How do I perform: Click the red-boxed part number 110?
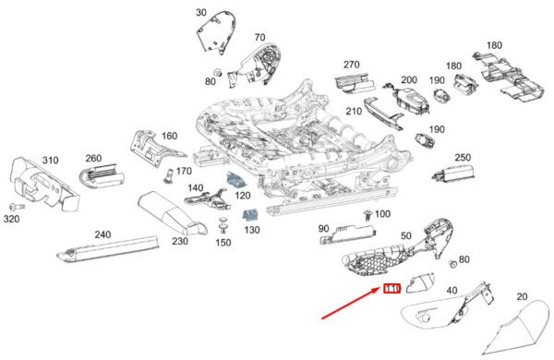coord(392,289)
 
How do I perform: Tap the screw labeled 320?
coord(17,207)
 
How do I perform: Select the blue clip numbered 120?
coord(236,180)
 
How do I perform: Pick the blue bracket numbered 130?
coord(250,215)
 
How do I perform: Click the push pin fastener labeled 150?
coord(223,225)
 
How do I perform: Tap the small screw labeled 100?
coord(367,215)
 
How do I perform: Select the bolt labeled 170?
coord(169,175)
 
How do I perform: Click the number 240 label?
coord(102,234)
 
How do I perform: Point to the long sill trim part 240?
coord(108,249)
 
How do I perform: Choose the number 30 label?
coord(200,13)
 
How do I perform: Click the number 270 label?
coord(352,65)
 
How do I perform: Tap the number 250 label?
coord(463,158)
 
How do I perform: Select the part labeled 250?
coord(453,174)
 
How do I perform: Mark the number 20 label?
coord(522,296)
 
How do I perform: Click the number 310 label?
coord(50,161)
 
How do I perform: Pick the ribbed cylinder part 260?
coord(102,175)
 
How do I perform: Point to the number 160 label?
coord(169,136)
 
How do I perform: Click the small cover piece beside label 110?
coord(420,282)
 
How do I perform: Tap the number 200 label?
coord(409,79)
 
